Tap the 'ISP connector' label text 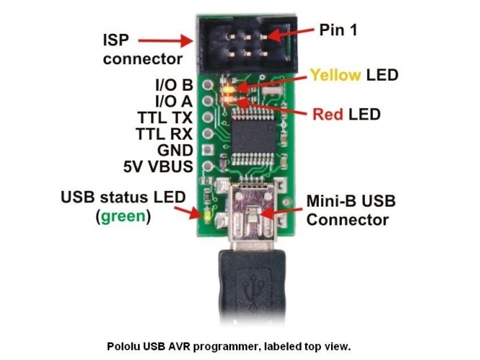(142, 48)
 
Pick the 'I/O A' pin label (174, 101)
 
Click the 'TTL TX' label (165, 117)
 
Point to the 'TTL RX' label (164, 134)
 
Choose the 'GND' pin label (176, 150)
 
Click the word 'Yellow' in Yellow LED (336, 75)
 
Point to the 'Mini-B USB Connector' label (350, 210)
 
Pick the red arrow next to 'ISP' (166, 41)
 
